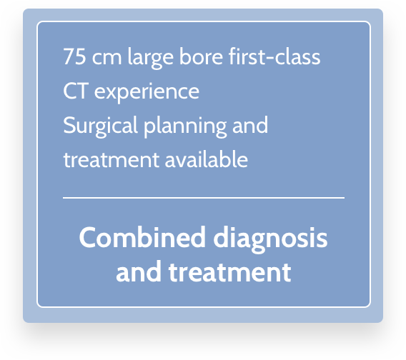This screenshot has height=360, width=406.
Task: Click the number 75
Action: [x=74, y=56]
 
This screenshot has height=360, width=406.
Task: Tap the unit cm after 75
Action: [x=107, y=59]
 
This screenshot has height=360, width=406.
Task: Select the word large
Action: [x=150, y=58]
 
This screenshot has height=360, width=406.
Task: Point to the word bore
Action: [x=201, y=56]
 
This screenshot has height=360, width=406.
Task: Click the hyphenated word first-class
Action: [x=274, y=56]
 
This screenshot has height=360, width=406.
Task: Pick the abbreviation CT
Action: [x=76, y=91]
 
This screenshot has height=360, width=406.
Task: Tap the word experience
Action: [x=147, y=93]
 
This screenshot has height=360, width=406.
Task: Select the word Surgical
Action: [x=101, y=126]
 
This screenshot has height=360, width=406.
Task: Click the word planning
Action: [x=185, y=126]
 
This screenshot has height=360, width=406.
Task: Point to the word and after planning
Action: [x=250, y=125]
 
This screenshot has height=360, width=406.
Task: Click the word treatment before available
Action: [x=112, y=160]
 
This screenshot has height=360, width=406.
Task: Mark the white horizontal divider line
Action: [x=204, y=198]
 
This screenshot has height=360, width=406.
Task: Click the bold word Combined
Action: [x=142, y=238]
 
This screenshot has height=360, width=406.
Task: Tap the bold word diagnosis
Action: [x=271, y=239]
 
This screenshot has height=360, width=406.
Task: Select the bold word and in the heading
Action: [x=139, y=271]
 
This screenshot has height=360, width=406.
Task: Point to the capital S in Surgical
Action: [x=69, y=125]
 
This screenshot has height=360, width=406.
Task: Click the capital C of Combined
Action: [x=86, y=238]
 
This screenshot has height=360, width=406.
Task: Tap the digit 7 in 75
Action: [x=69, y=56]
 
